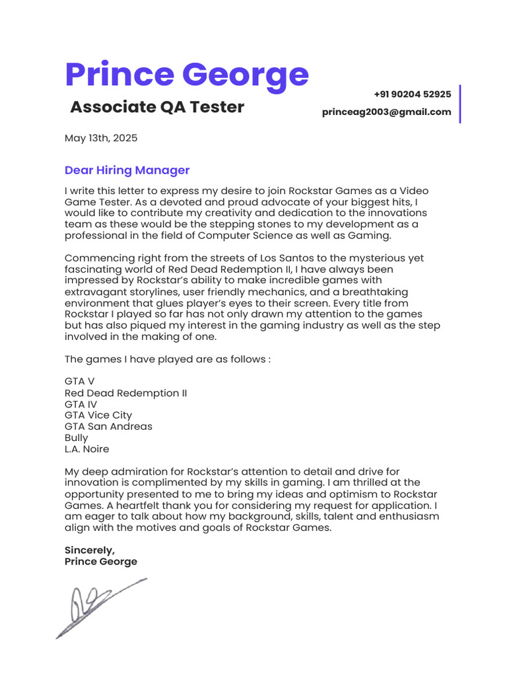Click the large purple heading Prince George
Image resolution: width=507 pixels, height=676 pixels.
[x=186, y=75]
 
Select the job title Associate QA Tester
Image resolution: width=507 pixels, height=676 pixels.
[x=157, y=107]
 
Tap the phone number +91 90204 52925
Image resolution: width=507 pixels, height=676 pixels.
[x=412, y=94]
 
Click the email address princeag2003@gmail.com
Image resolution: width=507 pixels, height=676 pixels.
[x=387, y=112]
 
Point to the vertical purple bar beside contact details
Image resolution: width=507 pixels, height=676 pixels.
[x=459, y=104]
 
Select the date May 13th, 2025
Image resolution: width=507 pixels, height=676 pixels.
[x=101, y=138]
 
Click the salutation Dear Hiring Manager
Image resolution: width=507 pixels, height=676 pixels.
[x=127, y=170]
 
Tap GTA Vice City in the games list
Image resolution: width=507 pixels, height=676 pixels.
[x=98, y=415]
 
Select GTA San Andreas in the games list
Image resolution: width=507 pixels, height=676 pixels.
[x=108, y=426]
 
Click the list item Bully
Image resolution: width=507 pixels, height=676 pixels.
[x=76, y=438]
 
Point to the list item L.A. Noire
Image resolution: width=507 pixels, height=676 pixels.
[x=87, y=449]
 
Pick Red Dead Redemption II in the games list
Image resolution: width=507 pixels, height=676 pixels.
[x=125, y=393]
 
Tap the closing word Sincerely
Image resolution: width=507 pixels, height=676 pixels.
[x=89, y=550]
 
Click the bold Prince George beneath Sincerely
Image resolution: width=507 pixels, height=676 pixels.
[x=101, y=561]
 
